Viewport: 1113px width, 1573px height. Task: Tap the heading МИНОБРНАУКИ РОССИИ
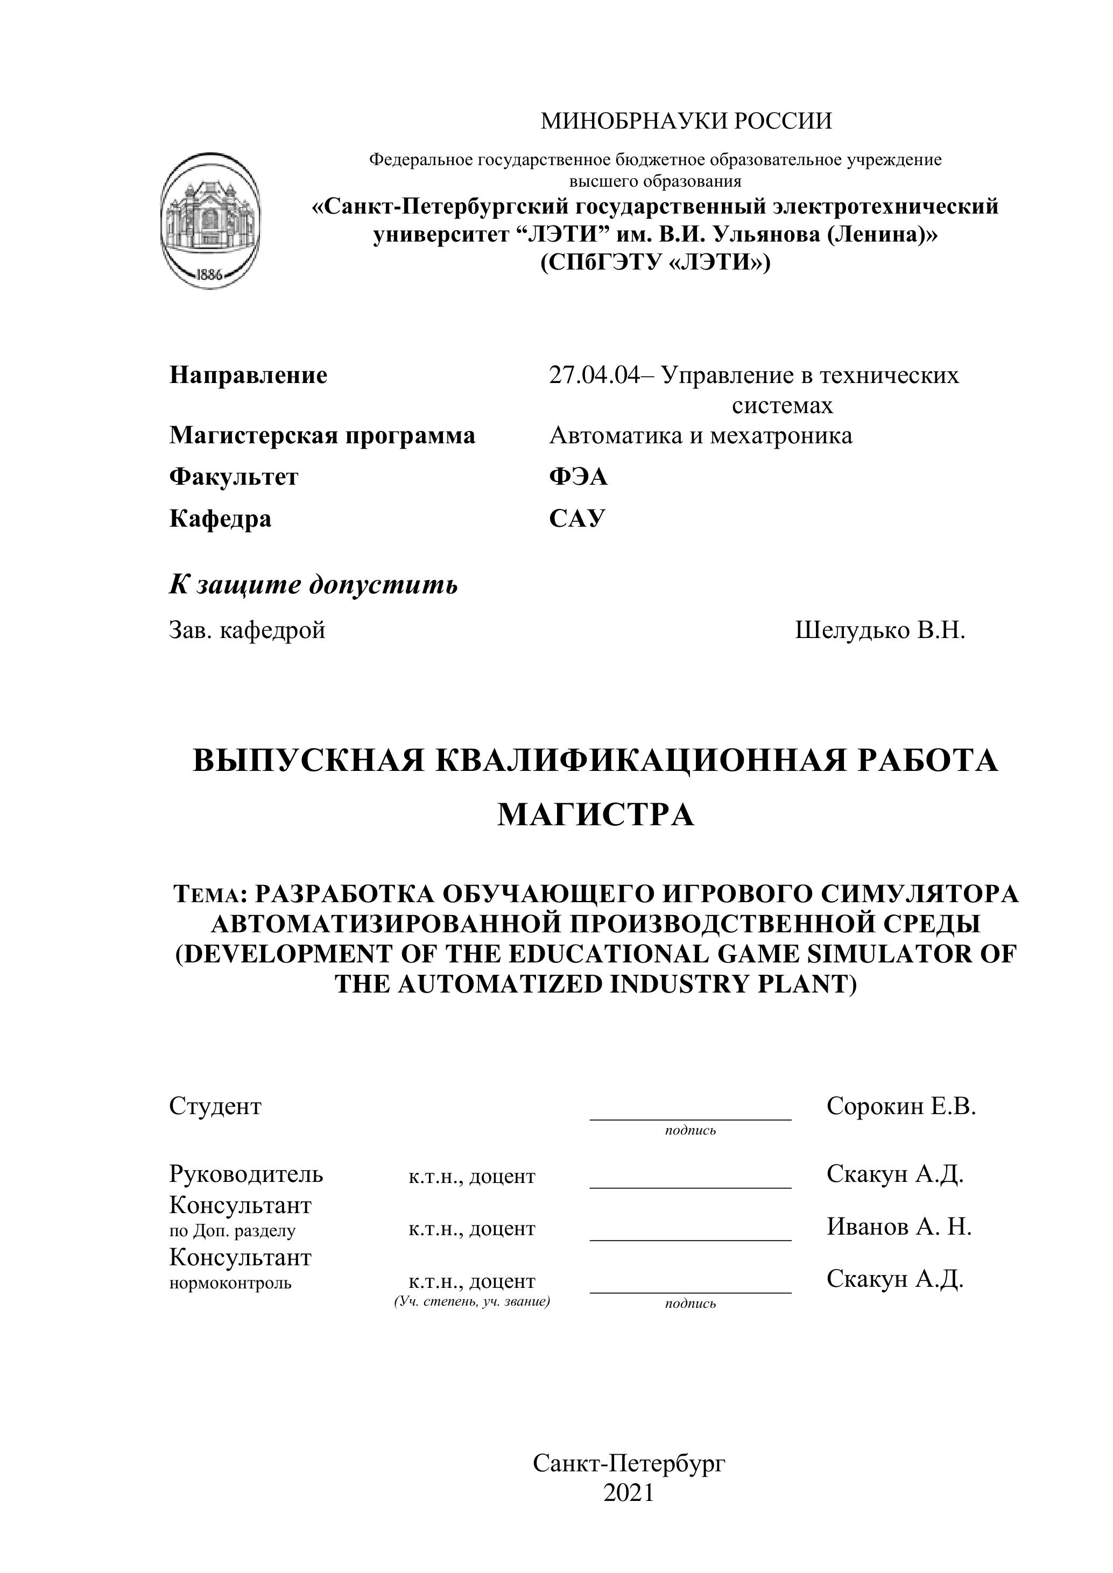686,121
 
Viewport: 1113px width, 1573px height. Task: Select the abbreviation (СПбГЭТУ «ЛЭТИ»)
655,263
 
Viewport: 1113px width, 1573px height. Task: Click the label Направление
248,375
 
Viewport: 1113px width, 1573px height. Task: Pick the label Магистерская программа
322,436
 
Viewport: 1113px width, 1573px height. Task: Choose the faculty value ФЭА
577,477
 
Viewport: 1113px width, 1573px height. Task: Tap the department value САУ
577,519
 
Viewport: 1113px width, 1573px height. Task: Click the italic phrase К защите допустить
313,585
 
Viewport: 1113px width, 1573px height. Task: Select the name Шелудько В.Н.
880,630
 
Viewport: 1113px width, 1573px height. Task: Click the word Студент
215,1106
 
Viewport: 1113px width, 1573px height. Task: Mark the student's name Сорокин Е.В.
900,1106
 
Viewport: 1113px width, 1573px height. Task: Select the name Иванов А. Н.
898,1227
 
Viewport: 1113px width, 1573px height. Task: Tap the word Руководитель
246,1174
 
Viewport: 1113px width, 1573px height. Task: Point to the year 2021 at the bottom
629,1493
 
